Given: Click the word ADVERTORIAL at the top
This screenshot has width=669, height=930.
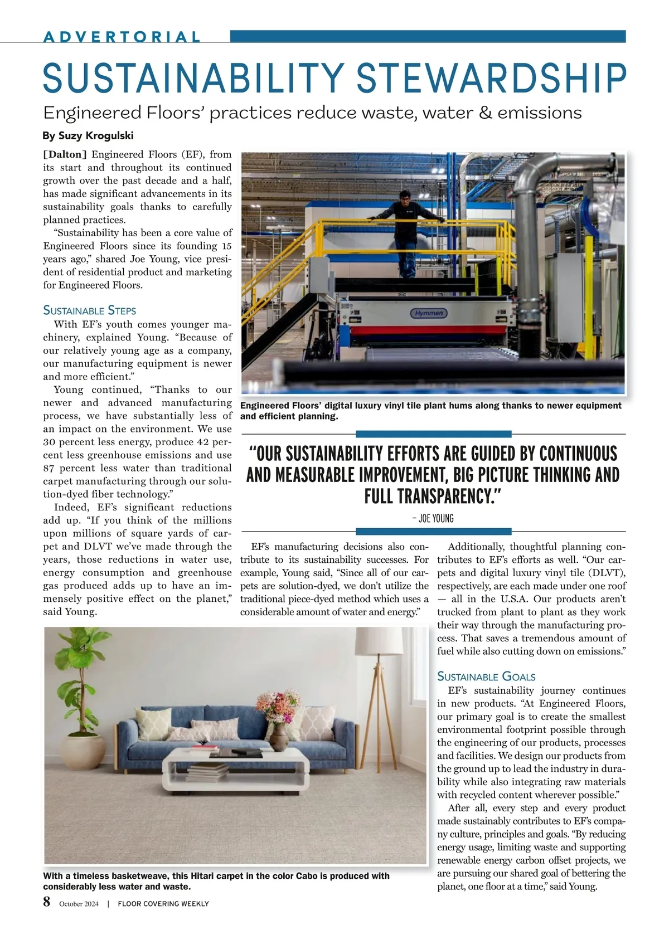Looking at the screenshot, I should [x=122, y=37].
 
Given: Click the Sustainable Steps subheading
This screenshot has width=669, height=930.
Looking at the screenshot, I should [x=89, y=310].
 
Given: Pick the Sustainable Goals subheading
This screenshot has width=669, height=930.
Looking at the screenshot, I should [x=486, y=676].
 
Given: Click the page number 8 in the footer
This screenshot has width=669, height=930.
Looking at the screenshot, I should [x=47, y=902].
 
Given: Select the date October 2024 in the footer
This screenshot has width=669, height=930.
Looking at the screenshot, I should [x=79, y=903].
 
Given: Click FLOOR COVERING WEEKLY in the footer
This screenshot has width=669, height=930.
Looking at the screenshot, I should [x=163, y=903].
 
